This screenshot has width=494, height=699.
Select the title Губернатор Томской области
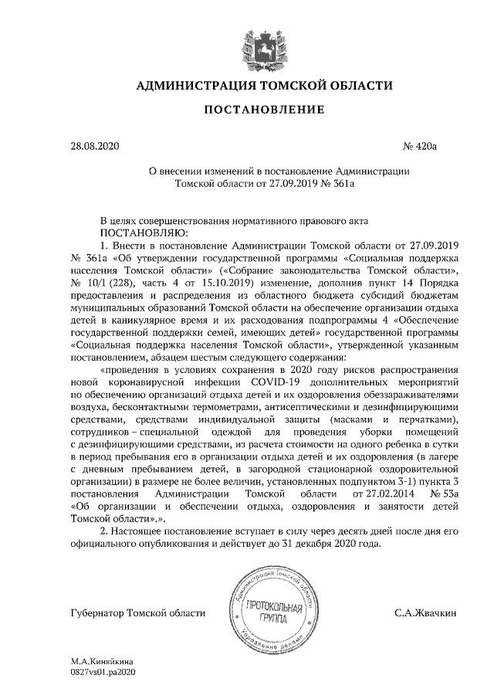(x=137, y=613)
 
